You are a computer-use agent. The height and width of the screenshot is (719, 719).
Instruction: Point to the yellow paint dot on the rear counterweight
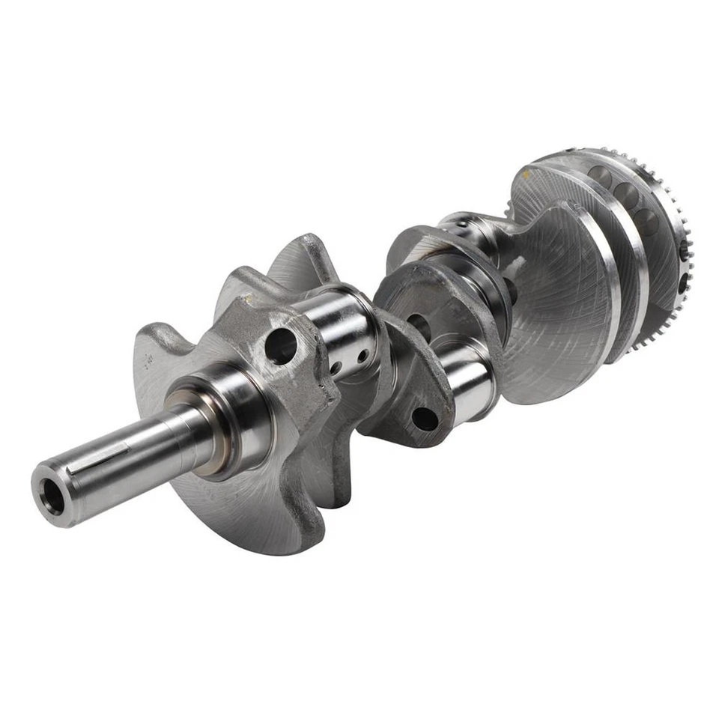[527, 174]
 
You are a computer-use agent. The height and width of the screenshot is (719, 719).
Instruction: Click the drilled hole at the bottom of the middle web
[424, 418]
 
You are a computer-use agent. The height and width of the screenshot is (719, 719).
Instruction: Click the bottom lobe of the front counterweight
[240, 517]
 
